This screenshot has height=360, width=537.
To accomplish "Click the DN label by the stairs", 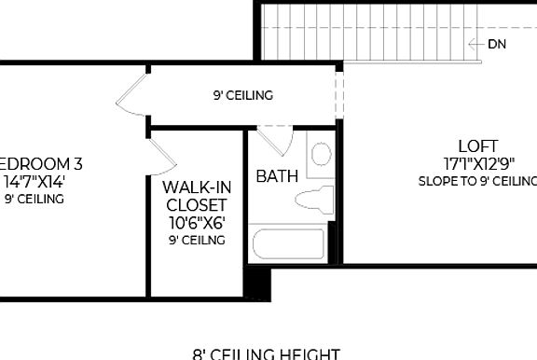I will coord(497,44).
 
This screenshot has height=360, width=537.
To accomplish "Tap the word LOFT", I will coord(477,146).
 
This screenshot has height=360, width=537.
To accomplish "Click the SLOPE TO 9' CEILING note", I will coord(477,181).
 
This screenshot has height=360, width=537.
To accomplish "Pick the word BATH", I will coord(277,175).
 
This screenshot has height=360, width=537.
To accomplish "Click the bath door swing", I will coord(273,141).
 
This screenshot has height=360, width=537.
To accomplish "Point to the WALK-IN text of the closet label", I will coord(196,187).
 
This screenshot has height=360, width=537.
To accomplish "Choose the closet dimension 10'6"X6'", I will coord(196,222).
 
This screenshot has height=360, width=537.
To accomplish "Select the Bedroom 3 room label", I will coord(41,164).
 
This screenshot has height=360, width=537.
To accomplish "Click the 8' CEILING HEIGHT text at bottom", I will coord(266,353).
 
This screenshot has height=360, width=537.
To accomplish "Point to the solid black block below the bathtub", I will coord(257,283).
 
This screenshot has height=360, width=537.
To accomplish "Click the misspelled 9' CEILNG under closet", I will coord(196,240).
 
